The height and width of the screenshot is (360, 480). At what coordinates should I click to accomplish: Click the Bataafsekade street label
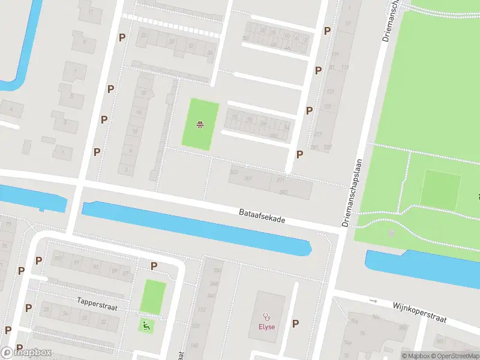tap(262, 216)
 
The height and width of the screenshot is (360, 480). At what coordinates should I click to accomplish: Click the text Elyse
tap(267, 327)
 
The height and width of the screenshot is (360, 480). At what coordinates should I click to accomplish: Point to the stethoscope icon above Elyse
tap(267, 316)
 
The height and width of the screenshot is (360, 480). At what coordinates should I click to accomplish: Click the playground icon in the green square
tap(200, 125)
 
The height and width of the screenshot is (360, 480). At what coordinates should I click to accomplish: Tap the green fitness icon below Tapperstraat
tap(146, 325)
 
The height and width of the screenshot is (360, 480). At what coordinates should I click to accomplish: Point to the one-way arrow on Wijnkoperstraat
tap(373, 300)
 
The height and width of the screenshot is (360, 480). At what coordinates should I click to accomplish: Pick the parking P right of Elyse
tap(295, 323)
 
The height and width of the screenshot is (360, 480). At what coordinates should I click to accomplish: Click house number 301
tap(248, 179)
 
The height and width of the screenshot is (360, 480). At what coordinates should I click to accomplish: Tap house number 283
tap(283, 191)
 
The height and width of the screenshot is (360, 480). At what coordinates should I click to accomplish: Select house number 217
tap(317, 134)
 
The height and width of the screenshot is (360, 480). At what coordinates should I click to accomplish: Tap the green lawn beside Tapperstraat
tap(153, 296)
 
